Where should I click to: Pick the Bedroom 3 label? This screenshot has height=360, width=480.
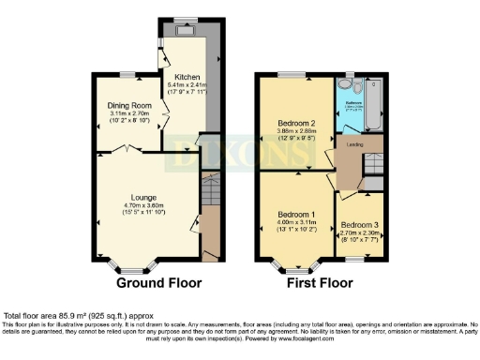pos(359,225)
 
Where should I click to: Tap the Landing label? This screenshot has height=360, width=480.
pos(356,143)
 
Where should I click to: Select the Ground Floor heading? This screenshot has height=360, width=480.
pos(157,282)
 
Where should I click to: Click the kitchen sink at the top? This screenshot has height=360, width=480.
pos(183,27)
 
